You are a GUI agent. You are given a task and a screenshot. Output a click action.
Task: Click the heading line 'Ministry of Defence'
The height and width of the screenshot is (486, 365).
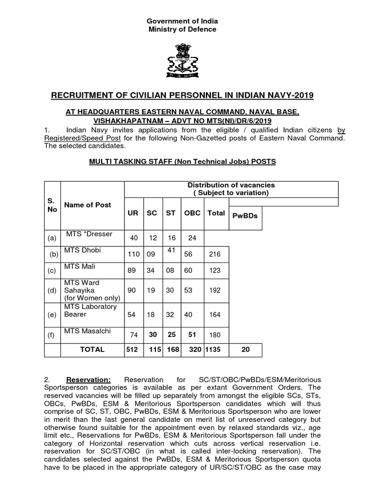point(182,29)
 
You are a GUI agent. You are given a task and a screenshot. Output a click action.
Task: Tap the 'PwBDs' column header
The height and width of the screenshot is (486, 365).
point(245,215)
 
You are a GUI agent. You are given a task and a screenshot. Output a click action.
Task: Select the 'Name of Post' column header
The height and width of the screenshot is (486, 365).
point(88,205)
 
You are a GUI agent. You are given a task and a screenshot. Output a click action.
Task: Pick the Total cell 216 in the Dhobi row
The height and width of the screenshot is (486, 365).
point(215,254)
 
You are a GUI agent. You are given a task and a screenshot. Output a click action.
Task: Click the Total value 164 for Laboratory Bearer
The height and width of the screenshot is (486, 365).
point(215,314)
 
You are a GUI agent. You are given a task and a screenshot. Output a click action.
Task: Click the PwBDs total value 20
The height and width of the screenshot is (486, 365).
point(245,349)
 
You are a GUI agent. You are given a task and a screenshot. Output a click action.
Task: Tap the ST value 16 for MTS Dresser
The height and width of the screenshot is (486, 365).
point(171,237)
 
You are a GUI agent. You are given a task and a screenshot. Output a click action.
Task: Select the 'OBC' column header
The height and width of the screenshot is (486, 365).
point(192,213)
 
